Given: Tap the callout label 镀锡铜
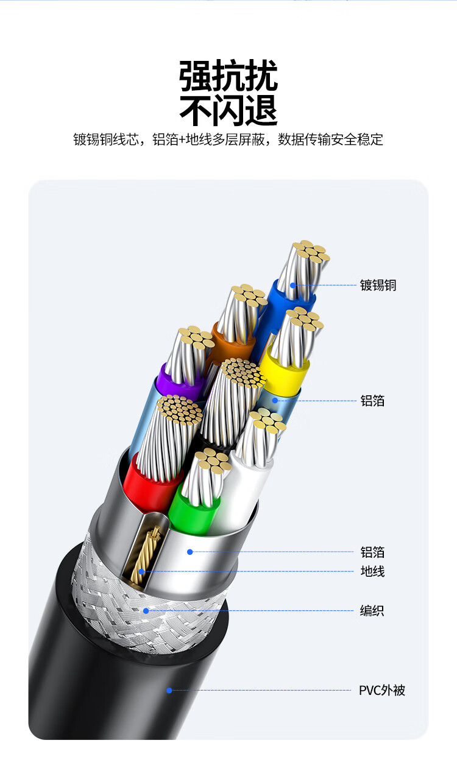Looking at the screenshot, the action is point(378,285).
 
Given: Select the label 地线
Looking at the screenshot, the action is point(372,571).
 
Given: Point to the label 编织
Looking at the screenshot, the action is point(372,610).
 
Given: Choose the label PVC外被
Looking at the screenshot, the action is point(381,691).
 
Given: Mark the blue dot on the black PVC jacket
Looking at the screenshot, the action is point(169,690).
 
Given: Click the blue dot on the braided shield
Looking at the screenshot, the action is point(146,610).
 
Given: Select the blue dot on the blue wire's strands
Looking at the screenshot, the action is point(293,284).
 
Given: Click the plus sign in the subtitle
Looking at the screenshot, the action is point(182,139).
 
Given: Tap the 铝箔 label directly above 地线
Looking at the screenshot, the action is point(372,552).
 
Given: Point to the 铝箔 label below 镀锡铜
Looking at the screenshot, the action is point(372,401).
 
